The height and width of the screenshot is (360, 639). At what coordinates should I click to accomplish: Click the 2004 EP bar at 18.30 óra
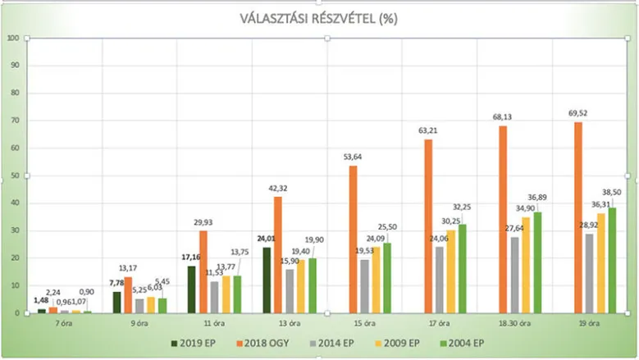tap(538, 262)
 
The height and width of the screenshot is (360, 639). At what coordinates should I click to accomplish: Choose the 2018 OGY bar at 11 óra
tap(202, 271)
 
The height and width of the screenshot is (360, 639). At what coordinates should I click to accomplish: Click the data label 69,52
tap(578, 115)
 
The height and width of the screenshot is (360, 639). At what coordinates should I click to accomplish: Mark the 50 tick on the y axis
tap(15, 175)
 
